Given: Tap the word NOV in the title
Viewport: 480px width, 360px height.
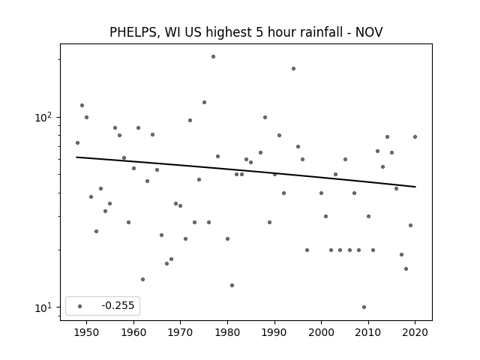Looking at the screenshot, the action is (x=369, y=32).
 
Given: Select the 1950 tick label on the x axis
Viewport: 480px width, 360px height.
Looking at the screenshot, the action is (x=87, y=332).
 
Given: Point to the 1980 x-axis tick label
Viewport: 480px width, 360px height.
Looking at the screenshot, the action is (x=227, y=332).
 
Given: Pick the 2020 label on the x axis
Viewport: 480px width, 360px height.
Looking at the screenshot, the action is (x=415, y=332).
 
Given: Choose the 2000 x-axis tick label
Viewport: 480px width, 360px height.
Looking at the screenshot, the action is (x=321, y=332).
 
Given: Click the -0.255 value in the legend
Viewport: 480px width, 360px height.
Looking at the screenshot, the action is (x=118, y=305).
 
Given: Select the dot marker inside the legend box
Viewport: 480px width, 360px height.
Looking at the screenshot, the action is (x=80, y=306).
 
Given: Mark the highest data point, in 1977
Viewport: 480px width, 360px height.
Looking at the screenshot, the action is (x=213, y=57).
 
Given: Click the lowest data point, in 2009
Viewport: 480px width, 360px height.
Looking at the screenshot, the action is (x=364, y=307).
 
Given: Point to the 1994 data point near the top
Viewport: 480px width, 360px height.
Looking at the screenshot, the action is (x=293, y=68).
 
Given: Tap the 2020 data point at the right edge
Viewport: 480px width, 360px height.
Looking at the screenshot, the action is (x=415, y=136).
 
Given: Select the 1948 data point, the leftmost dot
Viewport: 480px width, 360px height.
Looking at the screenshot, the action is (x=77, y=142).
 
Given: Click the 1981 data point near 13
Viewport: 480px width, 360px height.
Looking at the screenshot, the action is (x=232, y=285).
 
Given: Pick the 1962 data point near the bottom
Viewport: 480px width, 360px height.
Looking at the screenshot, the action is (x=142, y=279).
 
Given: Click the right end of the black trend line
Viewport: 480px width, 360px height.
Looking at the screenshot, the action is (x=415, y=187).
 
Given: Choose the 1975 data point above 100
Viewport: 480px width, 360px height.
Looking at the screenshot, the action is (x=204, y=102).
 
